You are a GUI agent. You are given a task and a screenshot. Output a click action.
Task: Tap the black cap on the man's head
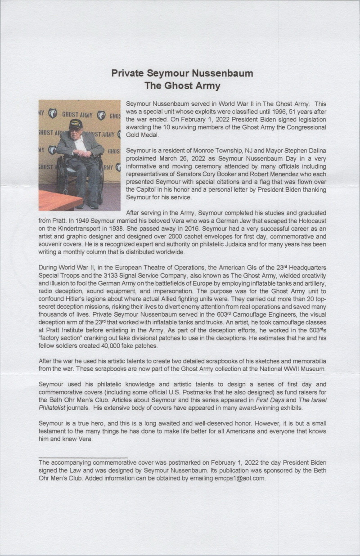pos(75,124)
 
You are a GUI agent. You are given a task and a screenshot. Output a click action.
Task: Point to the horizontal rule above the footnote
pos(83,457)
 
